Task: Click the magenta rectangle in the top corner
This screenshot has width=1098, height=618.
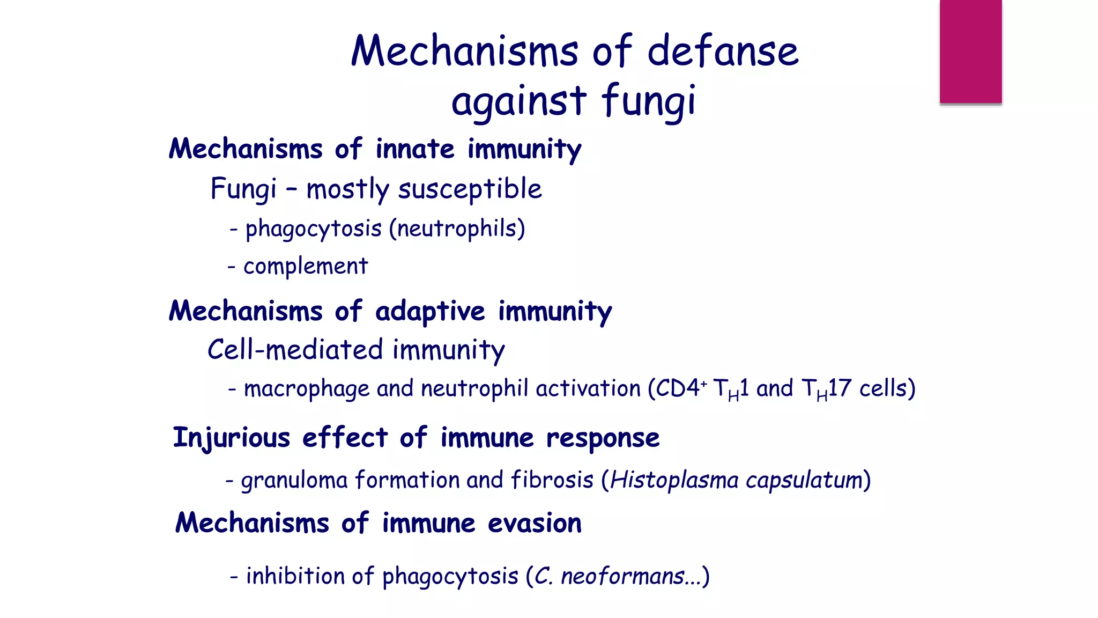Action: pos(970,51)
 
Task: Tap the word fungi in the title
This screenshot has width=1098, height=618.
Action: pos(648,101)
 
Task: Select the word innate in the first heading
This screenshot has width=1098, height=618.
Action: pos(415,149)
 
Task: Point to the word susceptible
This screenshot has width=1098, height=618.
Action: pos(470,189)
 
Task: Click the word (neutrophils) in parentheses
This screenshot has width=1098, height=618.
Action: pos(457,229)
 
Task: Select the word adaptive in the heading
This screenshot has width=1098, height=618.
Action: pos(430,312)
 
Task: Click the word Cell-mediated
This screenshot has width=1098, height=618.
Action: pos(295,350)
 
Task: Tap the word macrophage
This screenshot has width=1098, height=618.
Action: pos(307,389)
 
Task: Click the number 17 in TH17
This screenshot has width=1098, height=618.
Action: pos(840,388)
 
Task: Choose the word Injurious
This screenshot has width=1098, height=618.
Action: pos(232,438)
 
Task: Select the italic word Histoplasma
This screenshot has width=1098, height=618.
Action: pos(674,480)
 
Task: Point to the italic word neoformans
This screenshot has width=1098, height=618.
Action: pos(622,577)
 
